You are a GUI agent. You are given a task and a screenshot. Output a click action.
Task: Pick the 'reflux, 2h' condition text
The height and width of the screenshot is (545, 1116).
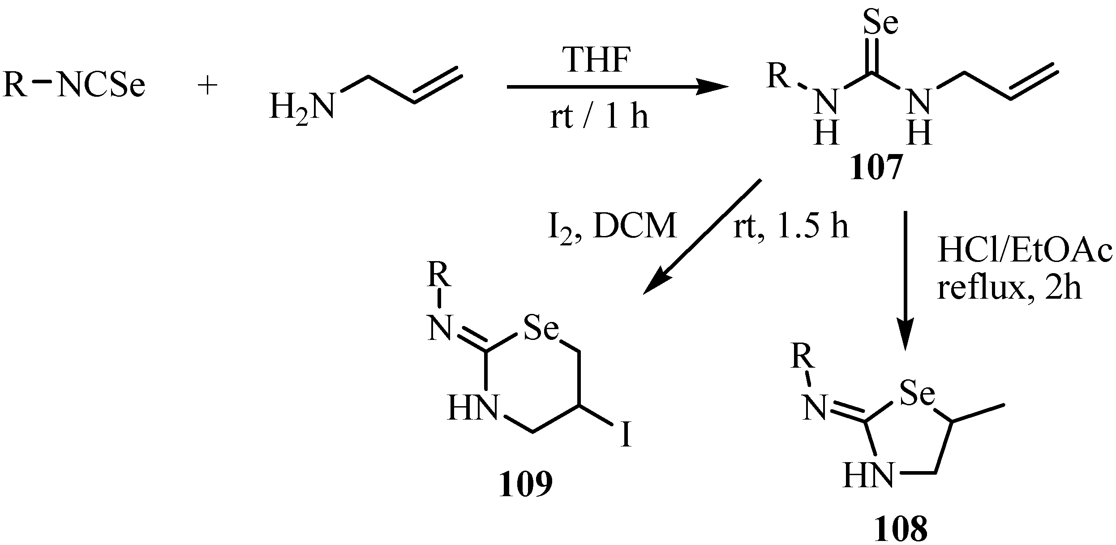pyautogui.click(x=1009, y=288)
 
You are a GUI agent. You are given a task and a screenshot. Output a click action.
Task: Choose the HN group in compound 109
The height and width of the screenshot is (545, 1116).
pyautogui.click(x=472, y=409)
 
